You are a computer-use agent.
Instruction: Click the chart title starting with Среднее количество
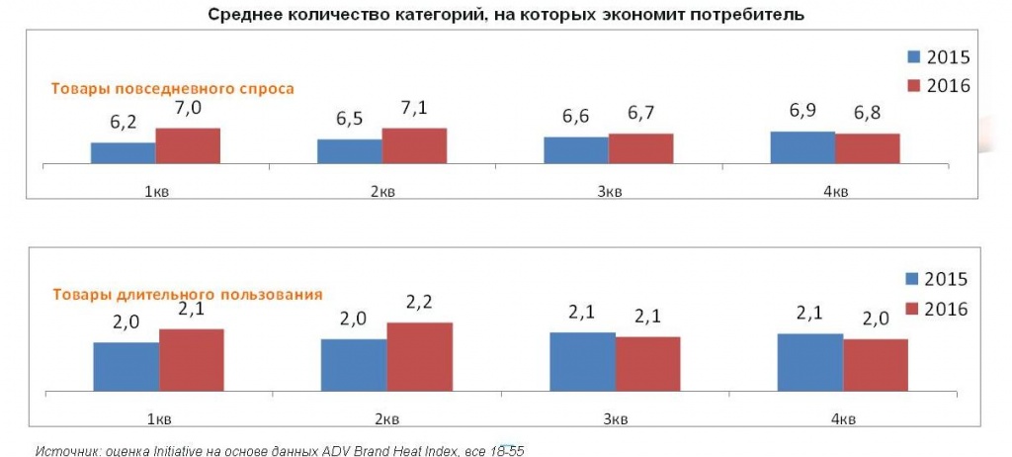click(x=506, y=15)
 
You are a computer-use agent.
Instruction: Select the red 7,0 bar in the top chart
click(x=188, y=145)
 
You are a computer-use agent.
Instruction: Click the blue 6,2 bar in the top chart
click(x=123, y=152)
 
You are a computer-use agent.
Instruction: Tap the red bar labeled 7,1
click(x=414, y=145)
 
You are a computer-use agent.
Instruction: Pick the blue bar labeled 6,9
click(x=802, y=146)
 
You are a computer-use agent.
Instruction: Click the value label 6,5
click(x=349, y=120)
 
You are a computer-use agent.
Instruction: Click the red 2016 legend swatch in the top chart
click(x=913, y=86)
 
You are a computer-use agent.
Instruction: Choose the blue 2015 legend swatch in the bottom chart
click(x=913, y=280)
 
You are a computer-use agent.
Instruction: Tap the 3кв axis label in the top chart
click(x=609, y=191)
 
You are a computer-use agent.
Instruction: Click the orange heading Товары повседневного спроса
click(x=173, y=88)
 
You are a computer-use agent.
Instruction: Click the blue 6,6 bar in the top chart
click(x=575, y=149)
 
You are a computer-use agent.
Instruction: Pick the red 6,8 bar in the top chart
click(x=867, y=147)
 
